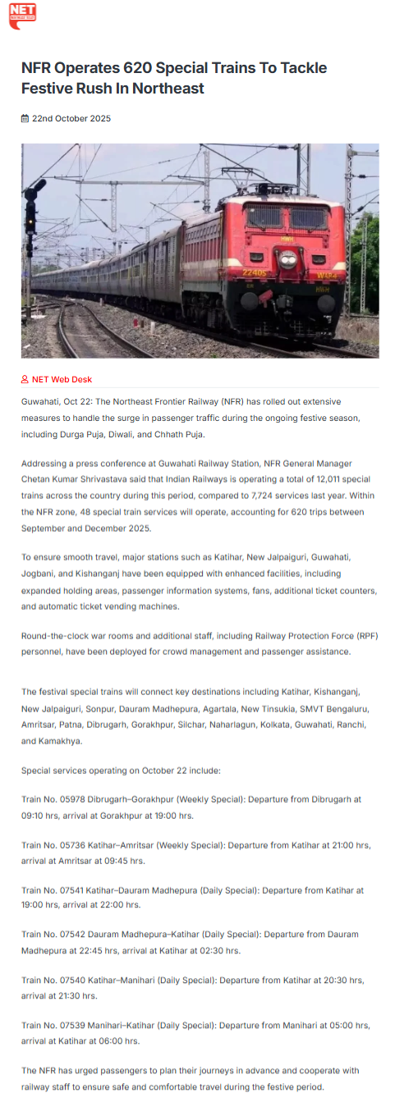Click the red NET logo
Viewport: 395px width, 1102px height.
pos(22,15)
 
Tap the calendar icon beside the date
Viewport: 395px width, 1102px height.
pos(25,119)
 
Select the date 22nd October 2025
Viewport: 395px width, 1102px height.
pos(71,119)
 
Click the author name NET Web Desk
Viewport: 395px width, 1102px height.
pos(62,380)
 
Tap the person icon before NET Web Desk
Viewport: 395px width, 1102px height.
pos(25,380)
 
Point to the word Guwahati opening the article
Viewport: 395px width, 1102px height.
pos(41,401)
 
